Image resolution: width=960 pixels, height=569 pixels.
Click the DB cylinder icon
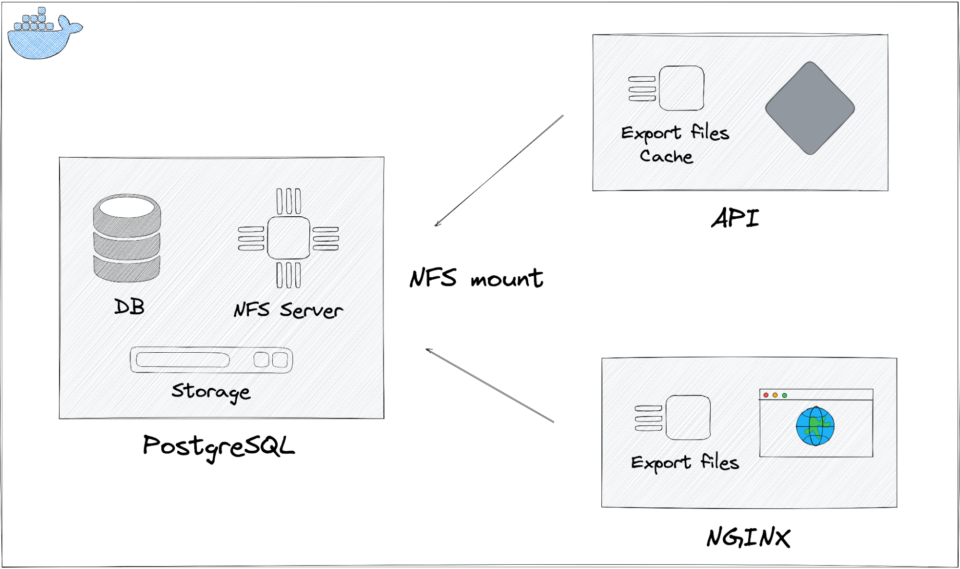click(x=127, y=238)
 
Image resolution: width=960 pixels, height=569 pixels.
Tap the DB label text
click(x=129, y=307)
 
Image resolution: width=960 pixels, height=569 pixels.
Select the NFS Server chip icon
click(x=289, y=238)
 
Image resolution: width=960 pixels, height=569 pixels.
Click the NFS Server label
click(x=288, y=310)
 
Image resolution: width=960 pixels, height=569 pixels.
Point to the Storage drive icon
click(x=211, y=360)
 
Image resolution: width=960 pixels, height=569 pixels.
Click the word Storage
click(x=211, y=392)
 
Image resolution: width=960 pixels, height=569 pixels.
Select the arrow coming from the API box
click(x=499, y=170)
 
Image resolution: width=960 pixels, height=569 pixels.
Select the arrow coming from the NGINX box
click(x=490, y=386)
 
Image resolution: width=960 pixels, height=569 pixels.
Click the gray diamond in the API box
click(x=810, y=108)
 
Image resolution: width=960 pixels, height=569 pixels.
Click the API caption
click(x=735, y=219)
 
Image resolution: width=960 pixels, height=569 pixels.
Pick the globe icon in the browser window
click(x=815, y=426)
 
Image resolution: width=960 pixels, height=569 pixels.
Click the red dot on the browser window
click(x=766, y=395)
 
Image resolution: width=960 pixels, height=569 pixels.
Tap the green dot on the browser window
click(x=785, y=395)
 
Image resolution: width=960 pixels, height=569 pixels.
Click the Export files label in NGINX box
click(x=685, y=462)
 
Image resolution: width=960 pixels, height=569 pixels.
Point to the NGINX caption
click(x=748, y=538)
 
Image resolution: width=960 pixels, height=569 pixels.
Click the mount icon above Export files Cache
click(x=668, y=88)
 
